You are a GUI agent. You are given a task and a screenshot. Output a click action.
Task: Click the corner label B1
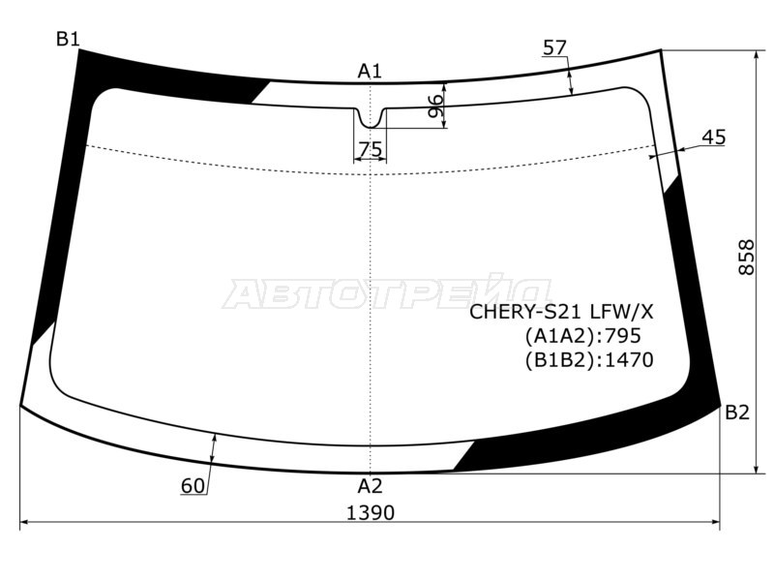[x=67, y=40]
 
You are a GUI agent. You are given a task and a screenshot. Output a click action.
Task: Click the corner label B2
[x=737, y=413]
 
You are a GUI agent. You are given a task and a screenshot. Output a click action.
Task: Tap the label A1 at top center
[x=370, y=71]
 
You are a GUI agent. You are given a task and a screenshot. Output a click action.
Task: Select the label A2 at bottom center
[x=371, y=485]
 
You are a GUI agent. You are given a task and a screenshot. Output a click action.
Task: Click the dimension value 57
[x=554, y=47]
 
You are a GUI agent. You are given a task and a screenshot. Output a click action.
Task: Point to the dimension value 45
[x=713, y=138]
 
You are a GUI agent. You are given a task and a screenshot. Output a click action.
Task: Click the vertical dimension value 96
[x=436, y=107]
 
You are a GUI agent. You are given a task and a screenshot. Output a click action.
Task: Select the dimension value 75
[x=370, y=150]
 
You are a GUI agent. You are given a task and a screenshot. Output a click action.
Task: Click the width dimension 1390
[x=370, y=512]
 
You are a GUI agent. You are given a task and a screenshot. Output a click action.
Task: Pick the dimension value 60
[x=193, y=486]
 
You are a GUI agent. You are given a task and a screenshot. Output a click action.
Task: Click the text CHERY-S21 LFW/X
[x=561, y=312]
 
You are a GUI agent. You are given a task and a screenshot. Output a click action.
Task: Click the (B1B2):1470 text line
[x=588, y=360]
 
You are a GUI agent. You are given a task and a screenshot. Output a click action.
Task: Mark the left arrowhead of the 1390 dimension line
[x=23, y=523]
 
